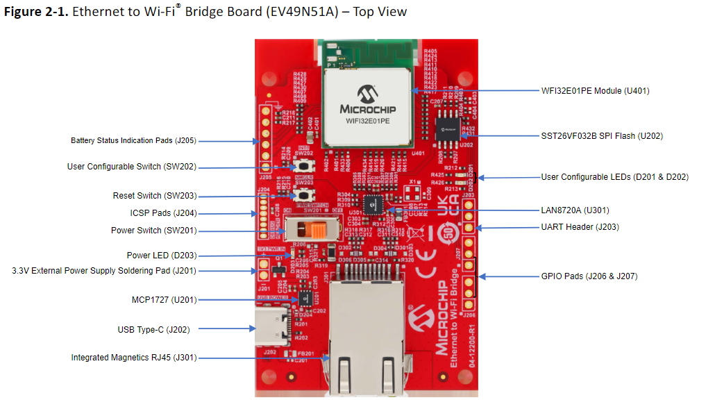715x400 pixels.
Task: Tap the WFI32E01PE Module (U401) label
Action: [x=595, y=91]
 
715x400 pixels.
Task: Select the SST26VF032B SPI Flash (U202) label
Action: [x=602, y=136]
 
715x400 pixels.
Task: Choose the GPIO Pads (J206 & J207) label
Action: [x=589, y=276]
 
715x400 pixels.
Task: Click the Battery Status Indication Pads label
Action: [x=133, y=141]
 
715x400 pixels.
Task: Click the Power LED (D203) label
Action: [x=162, y=256]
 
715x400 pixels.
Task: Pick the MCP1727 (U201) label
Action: [x=164, y=300]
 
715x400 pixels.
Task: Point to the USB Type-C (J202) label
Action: [x=153, y=330]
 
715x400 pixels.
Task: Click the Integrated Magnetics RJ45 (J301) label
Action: [x=134, y=358]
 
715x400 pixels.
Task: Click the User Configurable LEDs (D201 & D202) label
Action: [x=614, y=177]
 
